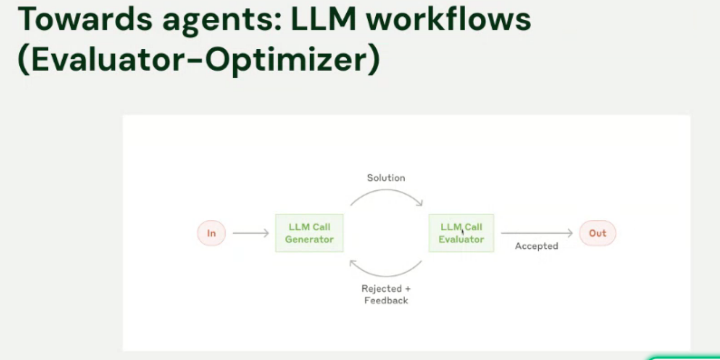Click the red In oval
(211, 234)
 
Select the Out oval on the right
(598, 233)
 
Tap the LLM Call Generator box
(309, 233)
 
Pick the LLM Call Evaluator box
(461, 233)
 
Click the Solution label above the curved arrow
(386, 178)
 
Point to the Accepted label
(536, 246)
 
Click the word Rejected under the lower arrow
(381, 288)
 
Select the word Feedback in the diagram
(386, 300)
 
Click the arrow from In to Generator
(250, 233)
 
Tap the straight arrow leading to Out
(536, 233)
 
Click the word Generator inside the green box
(309, 239)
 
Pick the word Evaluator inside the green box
(461, 239)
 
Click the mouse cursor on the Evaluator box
(463, 232)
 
